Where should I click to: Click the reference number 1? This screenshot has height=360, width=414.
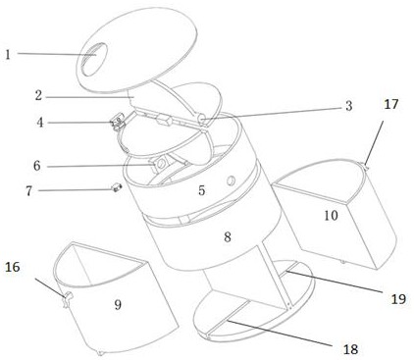tap(8, 54)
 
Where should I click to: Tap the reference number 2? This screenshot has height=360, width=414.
tap(39, 95)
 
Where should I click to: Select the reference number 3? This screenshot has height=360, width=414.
tap(349, 106)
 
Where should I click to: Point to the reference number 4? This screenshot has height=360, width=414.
tap(40, 123)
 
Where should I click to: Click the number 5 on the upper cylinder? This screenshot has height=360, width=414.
tap(202, 190)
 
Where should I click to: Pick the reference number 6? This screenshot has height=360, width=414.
tap(37, 166)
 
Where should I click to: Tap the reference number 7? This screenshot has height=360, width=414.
tap(29, 191)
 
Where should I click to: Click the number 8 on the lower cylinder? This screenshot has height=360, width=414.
tap(228, 236)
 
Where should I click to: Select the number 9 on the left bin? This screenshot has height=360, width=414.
tap(118, 305)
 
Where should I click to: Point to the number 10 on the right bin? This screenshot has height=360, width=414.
tap(331, 216)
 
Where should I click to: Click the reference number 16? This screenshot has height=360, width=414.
tap(13, 267)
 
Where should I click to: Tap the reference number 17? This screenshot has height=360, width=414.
tap(391, 105)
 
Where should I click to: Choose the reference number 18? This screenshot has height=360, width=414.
tap(350, 349)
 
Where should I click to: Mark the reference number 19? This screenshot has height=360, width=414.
tap(398, 299)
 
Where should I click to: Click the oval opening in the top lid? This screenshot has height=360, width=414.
tap(92, 59)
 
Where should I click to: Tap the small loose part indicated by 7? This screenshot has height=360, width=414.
tap(117, 188)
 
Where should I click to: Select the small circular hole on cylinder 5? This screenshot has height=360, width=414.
tap(232, 180)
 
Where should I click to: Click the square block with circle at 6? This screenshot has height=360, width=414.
tap(161, 164)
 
